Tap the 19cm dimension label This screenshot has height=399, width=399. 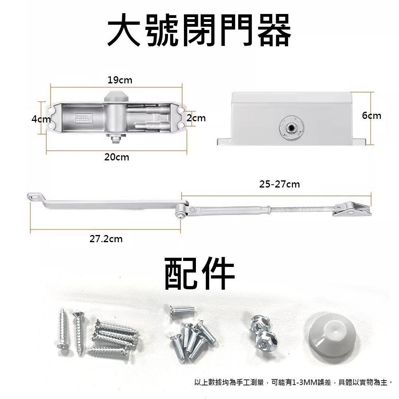point(120,80)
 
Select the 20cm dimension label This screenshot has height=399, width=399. point(117,157)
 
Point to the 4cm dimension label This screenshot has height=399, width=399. point(41,119)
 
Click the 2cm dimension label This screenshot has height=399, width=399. point(196,118)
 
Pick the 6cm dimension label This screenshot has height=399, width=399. point(371,116)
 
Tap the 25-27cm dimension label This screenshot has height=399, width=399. point(279,184)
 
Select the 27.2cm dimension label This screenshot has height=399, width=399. point(106,239)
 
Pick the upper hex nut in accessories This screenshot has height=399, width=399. point(258,323)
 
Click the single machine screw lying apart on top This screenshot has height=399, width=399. point(182,310)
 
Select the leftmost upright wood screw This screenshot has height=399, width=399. point(63,328)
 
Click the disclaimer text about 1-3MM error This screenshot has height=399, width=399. point(293,382)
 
